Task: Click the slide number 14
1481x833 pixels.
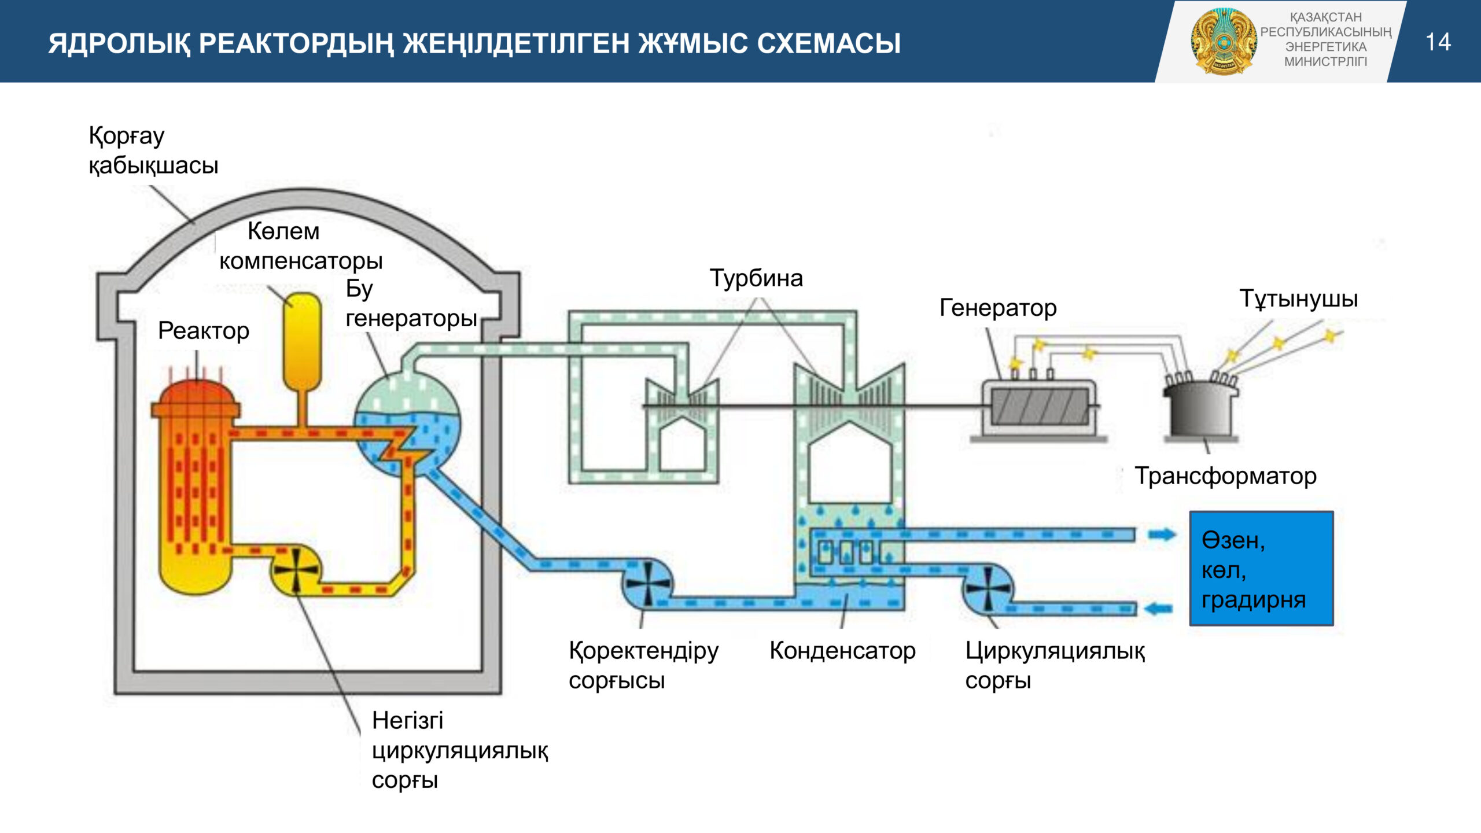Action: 1438,42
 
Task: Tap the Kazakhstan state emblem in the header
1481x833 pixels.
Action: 1224,42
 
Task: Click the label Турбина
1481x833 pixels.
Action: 756,278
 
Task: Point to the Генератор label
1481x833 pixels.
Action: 998,308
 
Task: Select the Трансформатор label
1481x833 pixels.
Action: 1225,476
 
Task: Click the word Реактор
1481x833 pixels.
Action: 204,331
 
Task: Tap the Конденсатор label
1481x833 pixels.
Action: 842,651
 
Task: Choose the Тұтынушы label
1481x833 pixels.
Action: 1299,298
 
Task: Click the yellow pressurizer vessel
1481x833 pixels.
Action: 302,341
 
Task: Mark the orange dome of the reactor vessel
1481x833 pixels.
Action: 196,393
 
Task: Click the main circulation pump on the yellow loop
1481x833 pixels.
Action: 296,570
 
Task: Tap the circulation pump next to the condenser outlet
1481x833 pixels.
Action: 988,589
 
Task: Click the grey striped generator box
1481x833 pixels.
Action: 1040,407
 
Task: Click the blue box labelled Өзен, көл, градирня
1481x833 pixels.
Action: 1261,568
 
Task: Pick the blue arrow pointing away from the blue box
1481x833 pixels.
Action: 1159,609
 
